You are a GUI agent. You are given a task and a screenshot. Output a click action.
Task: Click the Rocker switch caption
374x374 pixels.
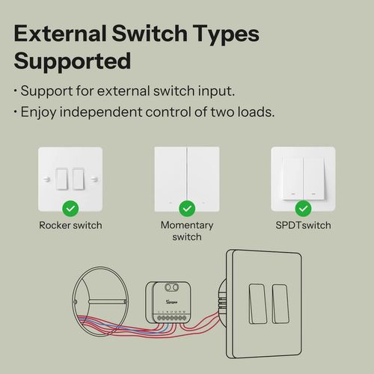[x=70, y=225]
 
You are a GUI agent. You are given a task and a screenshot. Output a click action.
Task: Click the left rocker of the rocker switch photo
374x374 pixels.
[x=62, y=178]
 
